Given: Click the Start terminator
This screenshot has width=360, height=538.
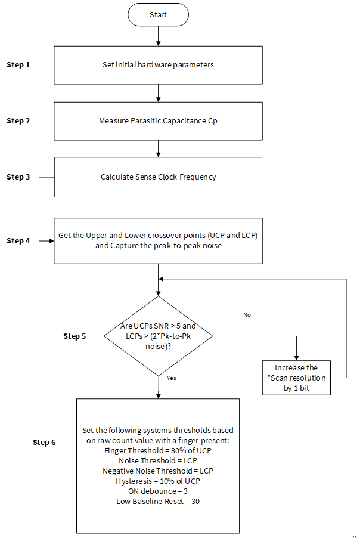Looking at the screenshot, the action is (x=158, y=15).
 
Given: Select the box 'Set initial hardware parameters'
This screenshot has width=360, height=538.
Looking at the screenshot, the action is (x=158, y=65).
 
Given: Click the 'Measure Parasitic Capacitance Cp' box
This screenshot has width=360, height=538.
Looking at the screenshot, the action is (x=158, y=120).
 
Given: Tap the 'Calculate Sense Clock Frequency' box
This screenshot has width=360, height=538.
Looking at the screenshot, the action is (x=158, y=177).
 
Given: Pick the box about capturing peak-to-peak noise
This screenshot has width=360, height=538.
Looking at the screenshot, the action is (x=158, y=240).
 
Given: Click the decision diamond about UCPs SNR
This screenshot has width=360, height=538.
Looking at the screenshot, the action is (x=158, y=336).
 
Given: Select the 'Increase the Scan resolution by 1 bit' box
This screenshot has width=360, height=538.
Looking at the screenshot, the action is (x=296, y=378).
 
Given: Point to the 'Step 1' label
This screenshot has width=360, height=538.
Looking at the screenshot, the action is (x=18, y=65).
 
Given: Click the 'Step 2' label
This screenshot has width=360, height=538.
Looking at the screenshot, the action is (x=18, y=120).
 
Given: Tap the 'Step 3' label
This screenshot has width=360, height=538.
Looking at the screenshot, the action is (x=18, y=177).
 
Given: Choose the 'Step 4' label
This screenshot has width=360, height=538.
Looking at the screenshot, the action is (x=18, y=241).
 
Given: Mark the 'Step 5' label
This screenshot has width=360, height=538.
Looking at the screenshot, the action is (x=75, y=336).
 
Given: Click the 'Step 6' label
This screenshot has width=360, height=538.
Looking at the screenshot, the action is (x=44, y=443).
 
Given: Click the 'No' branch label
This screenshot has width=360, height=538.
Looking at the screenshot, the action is (x=247, y=315).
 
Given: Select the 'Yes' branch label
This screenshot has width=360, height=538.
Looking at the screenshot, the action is (x=172, y=378).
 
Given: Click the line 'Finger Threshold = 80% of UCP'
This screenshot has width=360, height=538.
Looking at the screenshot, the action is (x=158, y=450).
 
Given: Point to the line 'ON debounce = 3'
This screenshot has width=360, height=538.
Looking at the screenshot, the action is (x=158, y=491).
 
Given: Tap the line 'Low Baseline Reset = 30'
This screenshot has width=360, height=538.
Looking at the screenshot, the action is (x=158, y=501).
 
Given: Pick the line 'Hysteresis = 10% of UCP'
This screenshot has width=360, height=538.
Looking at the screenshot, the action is (x=158, y=481).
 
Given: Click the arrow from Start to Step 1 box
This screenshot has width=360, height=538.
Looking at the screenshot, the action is (x=158, y=36).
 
